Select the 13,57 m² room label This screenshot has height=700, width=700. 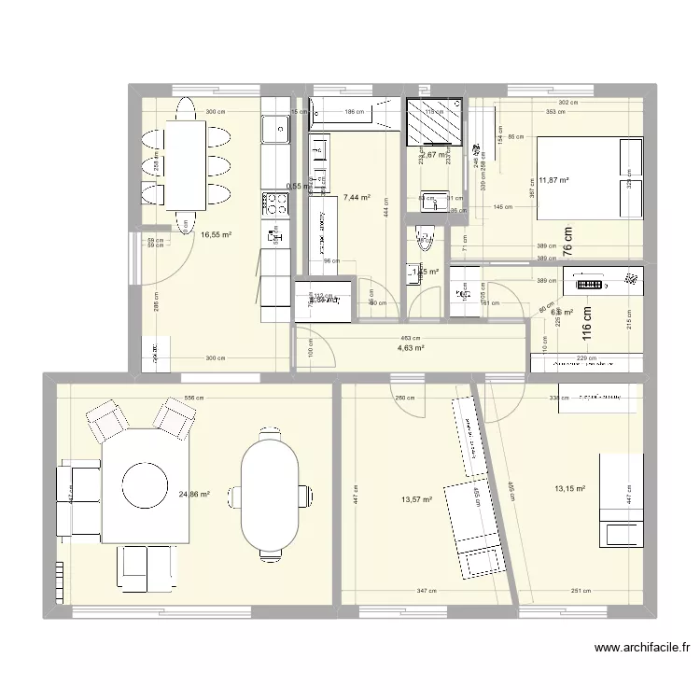[x=416, y=500]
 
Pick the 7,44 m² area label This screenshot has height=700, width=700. [x=357, y=198]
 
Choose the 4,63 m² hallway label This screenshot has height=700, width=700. [x=410, y=348]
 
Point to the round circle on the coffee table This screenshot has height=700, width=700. [x=145, y=483]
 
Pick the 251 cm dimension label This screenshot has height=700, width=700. [x=580, y=591]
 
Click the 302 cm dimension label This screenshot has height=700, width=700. [x=568, y=103]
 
